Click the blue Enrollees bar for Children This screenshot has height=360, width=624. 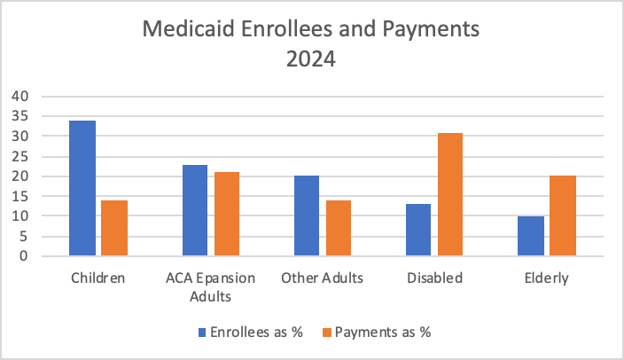(x=82, y=189)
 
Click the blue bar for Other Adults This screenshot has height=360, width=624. (x=307, y=216)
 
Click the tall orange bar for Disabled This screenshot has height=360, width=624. (x=450, y=195)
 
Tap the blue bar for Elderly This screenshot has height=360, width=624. (x=531, y=237)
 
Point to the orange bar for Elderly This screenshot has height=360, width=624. (x=563, y=216)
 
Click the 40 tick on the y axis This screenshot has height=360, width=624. (x=19, y=96)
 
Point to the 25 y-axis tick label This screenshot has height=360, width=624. (x=19, y=156)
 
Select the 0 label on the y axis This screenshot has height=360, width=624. (x=24, y=256)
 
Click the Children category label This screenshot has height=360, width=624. (x=97, y=278)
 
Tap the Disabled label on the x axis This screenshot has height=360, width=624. (x=434, y=278)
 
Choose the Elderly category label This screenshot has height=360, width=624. (x=546, y=278)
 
